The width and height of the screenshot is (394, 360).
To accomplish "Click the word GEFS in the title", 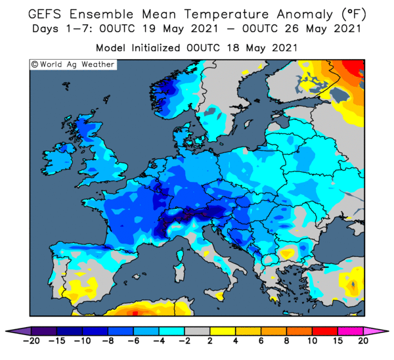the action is click(45, 14).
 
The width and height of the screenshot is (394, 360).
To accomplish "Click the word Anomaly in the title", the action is click(305, 14).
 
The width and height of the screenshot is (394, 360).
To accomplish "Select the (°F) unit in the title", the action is click(354, 14).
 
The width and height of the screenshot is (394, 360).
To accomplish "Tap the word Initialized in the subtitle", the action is click(156, 48).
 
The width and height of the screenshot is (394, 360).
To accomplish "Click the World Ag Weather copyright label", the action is click(73, 64).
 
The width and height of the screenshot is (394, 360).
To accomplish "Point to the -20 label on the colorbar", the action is click(31, 341).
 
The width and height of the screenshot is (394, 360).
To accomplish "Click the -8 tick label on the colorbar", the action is click(108, 341).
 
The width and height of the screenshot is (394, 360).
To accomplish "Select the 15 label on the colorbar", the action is click(338, 341).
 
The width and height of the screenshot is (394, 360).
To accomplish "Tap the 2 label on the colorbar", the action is click(210, 341).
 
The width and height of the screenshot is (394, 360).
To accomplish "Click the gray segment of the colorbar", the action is click(197, 331).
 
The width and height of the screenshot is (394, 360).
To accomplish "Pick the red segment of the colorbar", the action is click(325, 331).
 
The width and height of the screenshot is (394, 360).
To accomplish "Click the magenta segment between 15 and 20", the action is click(351, 331).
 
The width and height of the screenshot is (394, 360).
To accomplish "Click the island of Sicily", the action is click(215, 294).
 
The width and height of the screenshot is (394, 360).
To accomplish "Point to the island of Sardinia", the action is click(179, 272).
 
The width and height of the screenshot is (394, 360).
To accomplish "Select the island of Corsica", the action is click(180, 254).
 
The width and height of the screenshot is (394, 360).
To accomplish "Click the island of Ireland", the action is click(58, 158).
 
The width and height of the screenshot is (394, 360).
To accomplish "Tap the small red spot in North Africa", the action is click(135, 313).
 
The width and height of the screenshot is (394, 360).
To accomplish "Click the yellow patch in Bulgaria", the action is click(288, 253).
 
